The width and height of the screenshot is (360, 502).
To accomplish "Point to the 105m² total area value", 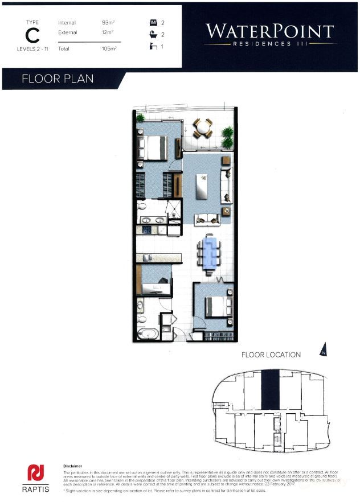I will click(x=109, y=50).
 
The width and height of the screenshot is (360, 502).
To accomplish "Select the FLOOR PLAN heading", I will click(x=57, y=79).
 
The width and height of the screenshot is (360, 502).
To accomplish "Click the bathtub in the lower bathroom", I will click(x=146, y=333).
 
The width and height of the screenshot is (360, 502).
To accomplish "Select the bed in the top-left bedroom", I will click(x=152, y=147).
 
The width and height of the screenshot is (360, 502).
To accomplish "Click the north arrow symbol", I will click(x=324, y=349).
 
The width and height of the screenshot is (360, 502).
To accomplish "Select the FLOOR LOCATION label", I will click(x=271, y=355).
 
